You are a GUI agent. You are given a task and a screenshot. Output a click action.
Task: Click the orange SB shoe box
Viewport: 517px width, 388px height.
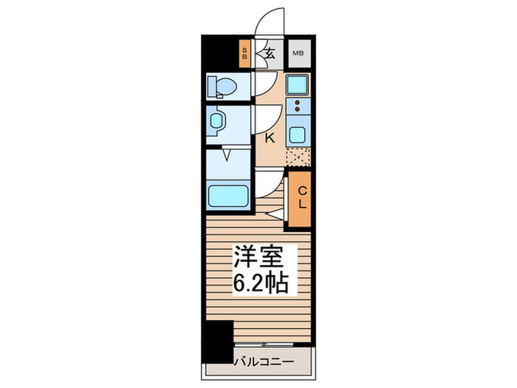246,53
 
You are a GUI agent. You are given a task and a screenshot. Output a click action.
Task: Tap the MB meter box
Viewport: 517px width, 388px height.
298,53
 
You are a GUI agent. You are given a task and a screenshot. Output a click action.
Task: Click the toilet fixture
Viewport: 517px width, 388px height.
221,87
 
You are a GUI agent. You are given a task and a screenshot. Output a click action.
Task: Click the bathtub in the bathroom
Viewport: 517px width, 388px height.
227,197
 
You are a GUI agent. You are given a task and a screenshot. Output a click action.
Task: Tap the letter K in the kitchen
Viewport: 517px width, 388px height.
270,137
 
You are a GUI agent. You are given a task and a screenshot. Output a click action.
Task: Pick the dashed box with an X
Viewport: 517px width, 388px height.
298,157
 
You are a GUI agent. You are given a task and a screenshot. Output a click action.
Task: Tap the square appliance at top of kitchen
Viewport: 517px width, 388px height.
298,84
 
